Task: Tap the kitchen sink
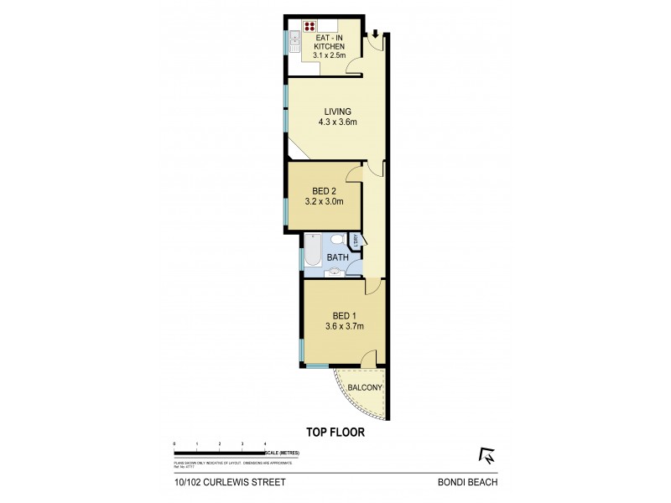click(294, 40)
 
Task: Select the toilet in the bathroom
click(336, 239)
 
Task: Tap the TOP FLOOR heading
click(335, 434)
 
